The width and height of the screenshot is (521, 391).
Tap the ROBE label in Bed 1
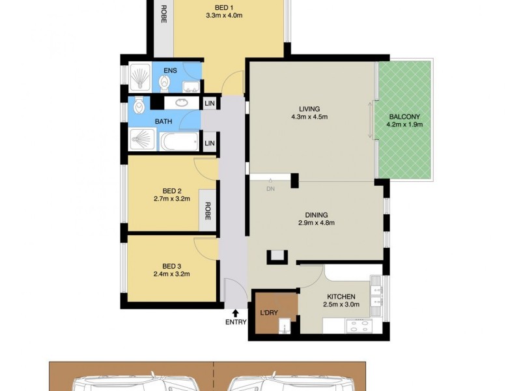coord(162,14)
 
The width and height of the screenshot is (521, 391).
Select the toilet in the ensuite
coord(164,81)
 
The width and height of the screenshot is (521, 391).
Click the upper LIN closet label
coord(210,104)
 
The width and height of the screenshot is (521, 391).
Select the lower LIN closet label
coord(210,143)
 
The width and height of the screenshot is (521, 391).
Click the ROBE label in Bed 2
coord(208,211)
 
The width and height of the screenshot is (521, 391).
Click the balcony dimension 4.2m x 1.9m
coord(404,125)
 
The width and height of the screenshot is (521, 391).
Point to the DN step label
coord(270,190)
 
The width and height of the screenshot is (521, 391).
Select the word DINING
coord(316,214)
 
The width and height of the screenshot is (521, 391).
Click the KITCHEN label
coord(342,297)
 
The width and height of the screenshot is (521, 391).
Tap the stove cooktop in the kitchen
coord(357,325)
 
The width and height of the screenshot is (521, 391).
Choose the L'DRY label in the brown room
coord(269,313)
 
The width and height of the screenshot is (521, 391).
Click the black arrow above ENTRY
coord(235,313)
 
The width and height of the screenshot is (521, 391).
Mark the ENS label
coord(170,70)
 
